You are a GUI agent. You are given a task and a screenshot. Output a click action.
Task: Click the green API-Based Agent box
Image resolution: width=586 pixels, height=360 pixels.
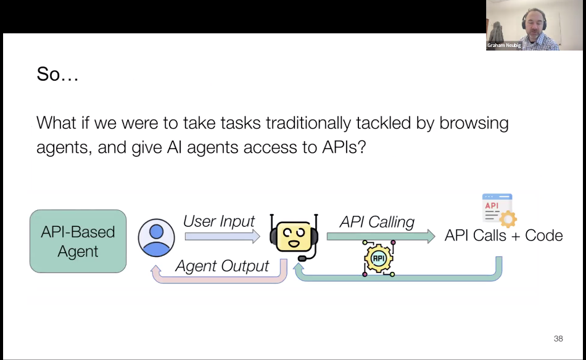coord(78,241)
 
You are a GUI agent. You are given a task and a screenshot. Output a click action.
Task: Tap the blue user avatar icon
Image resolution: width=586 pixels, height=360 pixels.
coord(156,237)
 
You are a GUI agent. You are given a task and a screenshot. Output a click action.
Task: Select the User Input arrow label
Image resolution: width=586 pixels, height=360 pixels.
coord(219,221)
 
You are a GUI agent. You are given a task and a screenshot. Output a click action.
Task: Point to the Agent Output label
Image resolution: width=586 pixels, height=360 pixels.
coord(222,266)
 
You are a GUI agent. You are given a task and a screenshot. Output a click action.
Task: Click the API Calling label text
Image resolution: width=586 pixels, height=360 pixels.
coord(377,221)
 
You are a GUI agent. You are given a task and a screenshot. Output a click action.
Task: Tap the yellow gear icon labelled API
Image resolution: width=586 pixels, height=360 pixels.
coord(379,258)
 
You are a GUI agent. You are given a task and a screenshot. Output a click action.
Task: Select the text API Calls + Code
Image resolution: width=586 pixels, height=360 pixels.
coord(503,235)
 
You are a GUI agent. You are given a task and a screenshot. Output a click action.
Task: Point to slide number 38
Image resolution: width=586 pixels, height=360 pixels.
coord(558,338)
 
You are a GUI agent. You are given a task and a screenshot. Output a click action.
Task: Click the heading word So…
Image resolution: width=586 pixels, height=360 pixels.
coord(57,75)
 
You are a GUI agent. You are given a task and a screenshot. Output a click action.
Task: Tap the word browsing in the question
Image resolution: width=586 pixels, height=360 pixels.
coord(474,123)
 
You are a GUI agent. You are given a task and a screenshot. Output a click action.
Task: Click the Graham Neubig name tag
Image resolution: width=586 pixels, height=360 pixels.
coord(504,45)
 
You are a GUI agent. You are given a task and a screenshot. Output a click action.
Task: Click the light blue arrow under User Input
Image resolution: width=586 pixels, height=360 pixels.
coord(223,235)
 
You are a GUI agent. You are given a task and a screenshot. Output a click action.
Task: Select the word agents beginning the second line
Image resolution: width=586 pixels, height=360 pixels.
coord(62,149)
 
